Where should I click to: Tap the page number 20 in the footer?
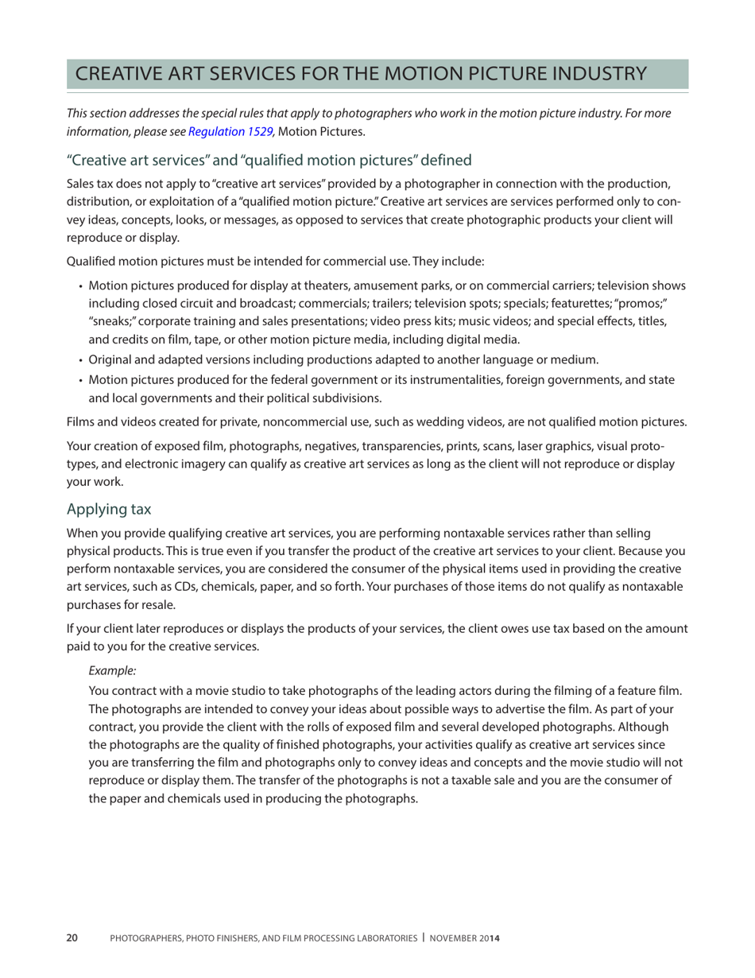pos(72,938)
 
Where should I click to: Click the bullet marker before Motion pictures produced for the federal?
pos(81,381)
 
